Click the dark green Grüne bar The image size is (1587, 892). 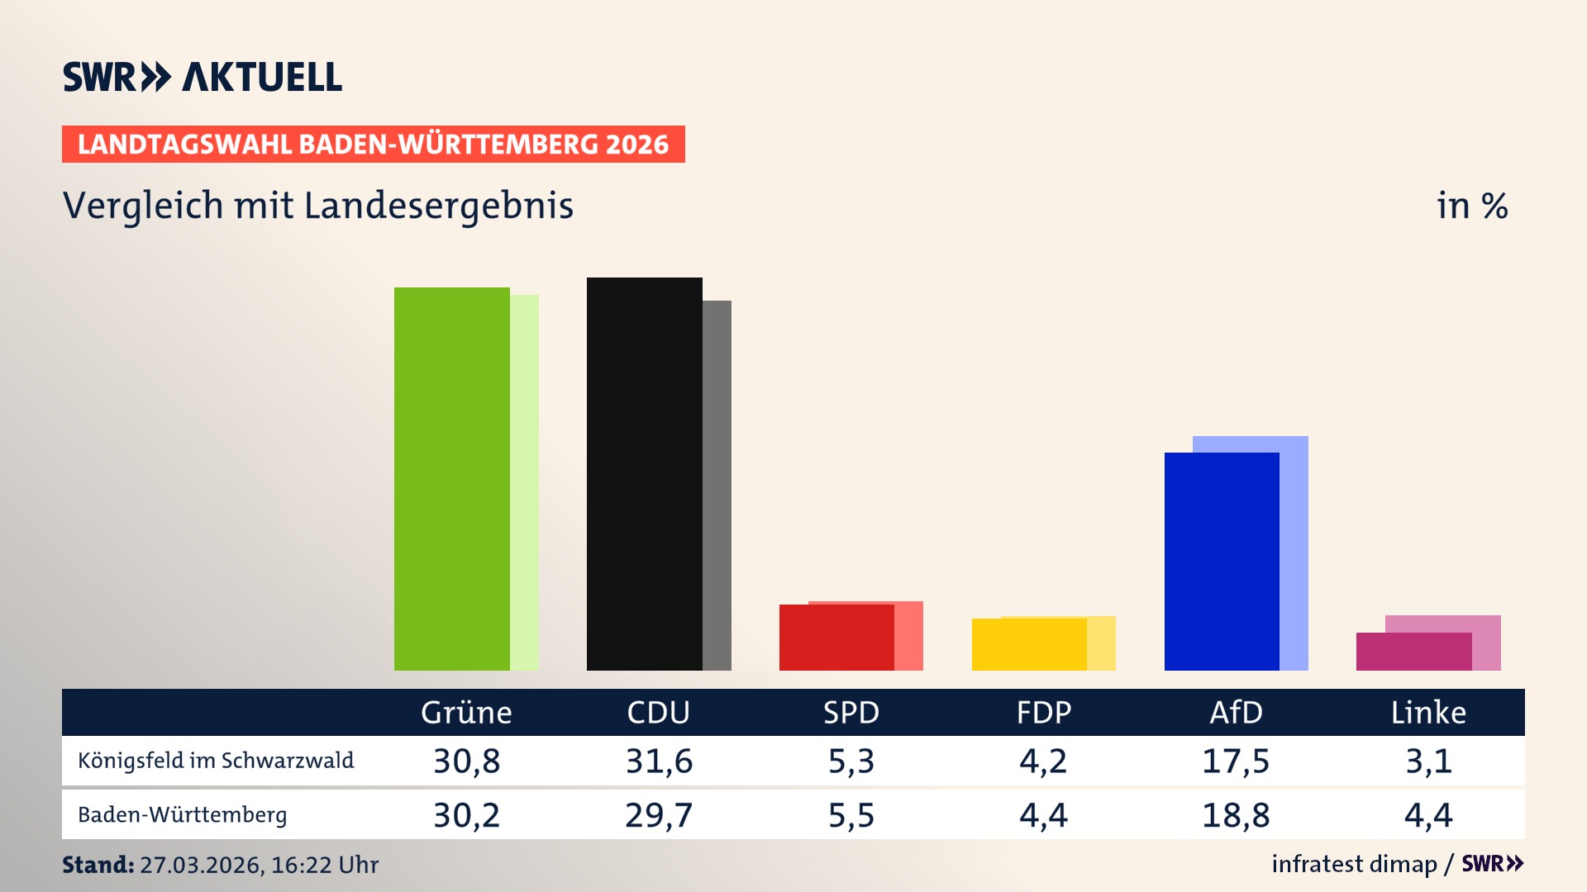(451, 479)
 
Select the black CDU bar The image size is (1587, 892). (644, 474)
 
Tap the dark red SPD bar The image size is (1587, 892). (836, 638)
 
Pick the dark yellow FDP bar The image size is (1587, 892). (1028, 644)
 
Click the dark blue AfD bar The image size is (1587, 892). (1221, 562)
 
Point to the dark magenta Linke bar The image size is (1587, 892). (1413, 652)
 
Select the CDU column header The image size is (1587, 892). (658, 713)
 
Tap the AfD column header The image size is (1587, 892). (1236, 713)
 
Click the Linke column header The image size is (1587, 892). (1428, 713)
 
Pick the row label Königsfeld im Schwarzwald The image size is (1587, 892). (216, 761)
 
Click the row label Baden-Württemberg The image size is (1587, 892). (183, 815)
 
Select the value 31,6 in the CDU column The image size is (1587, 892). (659, 761)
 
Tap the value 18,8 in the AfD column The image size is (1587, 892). (1236, 815)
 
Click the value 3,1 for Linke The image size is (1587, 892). (1428, 761)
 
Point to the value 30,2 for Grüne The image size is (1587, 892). (466, 815)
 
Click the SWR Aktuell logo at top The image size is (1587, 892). (203, 77)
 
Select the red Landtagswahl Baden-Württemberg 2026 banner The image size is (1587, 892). (373, 145)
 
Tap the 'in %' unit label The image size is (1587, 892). (1471, 206)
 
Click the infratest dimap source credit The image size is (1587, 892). (1354, 864)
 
